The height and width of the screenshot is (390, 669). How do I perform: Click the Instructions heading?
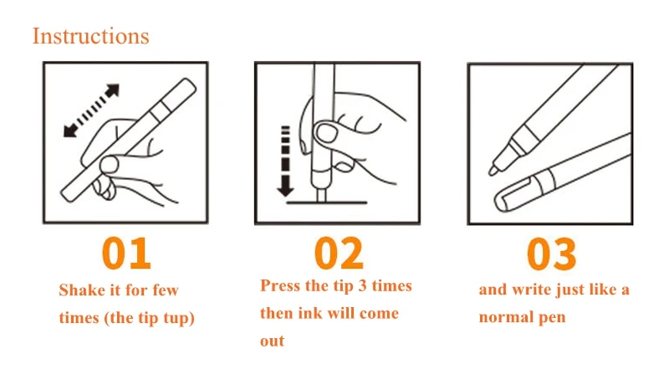click(x=91, y=36)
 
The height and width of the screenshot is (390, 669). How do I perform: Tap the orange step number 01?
click(x=126, y=254)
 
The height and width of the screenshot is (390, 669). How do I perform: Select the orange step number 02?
click(x=339, y=254)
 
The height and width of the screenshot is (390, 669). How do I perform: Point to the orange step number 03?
click(x=551, y=254)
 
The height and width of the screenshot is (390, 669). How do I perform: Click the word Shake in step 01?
click(x=82, y=290)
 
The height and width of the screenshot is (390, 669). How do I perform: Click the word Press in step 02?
click(x=280, y=285)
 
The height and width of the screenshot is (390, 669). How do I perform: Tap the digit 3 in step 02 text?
click(x=363, y=285)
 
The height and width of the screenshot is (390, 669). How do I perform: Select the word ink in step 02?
click(x=307, y=313)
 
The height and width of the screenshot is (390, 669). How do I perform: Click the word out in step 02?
click(x=273, y=341)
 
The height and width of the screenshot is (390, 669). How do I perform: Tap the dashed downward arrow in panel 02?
click(x=285, y=161)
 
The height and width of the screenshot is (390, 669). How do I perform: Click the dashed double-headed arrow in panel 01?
click(x=91, y=110)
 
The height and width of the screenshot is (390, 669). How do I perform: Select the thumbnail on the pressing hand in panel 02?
click(x=326, y=133)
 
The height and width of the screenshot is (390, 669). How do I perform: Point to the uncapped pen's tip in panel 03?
click(x=493, y=171)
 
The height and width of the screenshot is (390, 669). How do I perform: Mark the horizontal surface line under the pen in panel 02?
click(x=326, y=203)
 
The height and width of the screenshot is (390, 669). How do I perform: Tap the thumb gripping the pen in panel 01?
click(x=109, y=165)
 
